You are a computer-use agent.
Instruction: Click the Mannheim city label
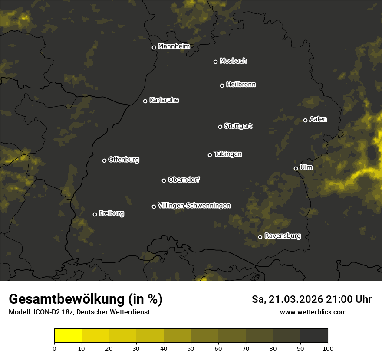[174, 46]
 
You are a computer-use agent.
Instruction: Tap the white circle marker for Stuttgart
[220, 127]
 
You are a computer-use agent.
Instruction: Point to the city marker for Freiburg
[95, 214]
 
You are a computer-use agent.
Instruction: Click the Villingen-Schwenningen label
[194, 206]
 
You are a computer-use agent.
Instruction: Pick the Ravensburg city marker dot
[260, 237]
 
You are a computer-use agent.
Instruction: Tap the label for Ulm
[306, 167]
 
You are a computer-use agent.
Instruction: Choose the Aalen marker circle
[305, 120]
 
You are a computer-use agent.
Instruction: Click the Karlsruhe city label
[164, 100]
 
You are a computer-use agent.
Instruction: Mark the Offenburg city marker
[104, 160]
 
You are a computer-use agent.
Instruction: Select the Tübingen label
[228, 154]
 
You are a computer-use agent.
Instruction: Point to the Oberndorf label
[184, 180]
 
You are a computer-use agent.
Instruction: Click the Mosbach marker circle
[215, 62]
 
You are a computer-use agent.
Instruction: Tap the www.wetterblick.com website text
[313, 312]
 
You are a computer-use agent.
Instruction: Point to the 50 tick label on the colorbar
[191, 348]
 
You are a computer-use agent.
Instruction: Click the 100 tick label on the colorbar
[328, 348]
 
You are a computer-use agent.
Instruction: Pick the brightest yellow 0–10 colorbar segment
[68, 335]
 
